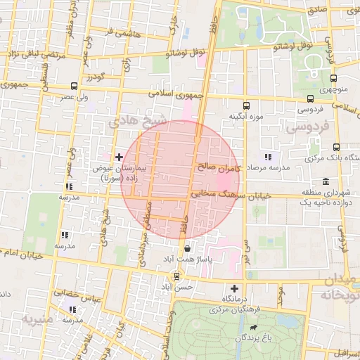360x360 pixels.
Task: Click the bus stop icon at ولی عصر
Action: (74, 86)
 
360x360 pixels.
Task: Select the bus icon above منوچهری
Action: (333, 79)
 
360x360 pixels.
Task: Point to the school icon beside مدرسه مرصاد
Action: (267, 157)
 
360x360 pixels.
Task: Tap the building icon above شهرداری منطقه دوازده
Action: (325, 182)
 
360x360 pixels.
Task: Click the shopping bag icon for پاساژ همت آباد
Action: (187, 248)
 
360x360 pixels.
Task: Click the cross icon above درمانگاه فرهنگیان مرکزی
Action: (234, 288)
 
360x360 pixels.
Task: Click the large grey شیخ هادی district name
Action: (138, 122)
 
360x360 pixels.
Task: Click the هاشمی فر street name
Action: (109, 32)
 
